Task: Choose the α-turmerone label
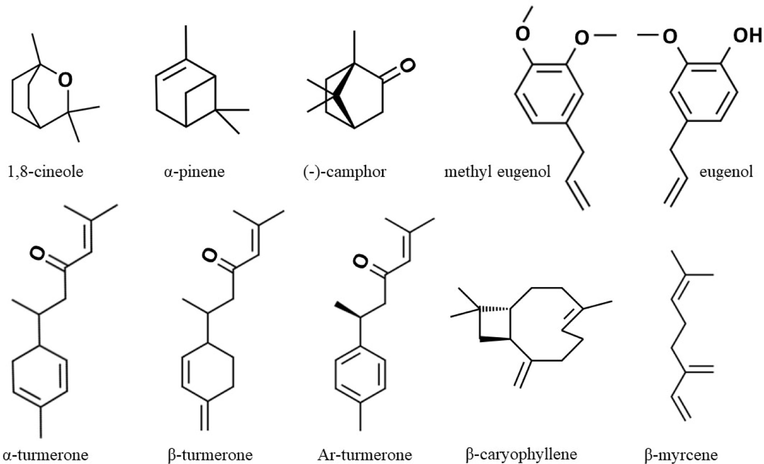click(x=45, y=455)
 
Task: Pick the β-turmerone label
click(x=210, y=455)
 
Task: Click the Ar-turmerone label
click(x=364, y=455)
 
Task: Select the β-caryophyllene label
click(x=521, y=455)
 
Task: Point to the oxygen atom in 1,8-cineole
click(x=65, y=80)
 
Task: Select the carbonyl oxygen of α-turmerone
click(x=37, y=254)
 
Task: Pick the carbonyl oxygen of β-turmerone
click(x=209, y=255)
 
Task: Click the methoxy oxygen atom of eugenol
click(x=670, y=37)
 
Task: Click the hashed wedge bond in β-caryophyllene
click(x=494, y=309)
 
